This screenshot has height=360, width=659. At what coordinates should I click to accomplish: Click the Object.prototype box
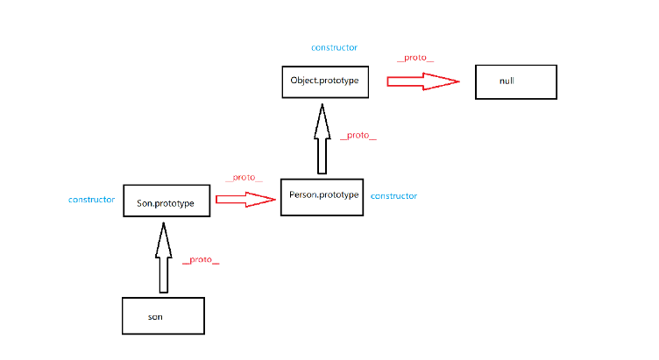coord(324,81)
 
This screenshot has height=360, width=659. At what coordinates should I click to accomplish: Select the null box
coord(515,81)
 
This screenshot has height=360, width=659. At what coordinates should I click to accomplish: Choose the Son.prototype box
coord(166,202)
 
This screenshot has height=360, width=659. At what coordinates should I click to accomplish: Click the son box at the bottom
coord(162,315)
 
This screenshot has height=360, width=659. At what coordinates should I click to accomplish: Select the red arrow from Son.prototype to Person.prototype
coord(244,200)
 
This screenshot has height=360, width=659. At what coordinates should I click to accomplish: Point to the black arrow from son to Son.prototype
coord(162,258)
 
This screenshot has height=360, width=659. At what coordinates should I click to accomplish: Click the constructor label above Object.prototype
coord(334,47)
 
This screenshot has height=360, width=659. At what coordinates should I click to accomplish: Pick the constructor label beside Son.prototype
coord(91,200)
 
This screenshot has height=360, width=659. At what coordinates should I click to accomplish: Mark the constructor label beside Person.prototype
coord(393,196)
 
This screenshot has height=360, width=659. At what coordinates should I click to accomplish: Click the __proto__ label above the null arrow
coord(415,58)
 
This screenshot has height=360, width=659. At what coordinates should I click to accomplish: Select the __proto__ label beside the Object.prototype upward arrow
coord(358,136)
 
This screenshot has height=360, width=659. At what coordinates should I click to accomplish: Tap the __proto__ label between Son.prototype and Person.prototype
coord(244,178)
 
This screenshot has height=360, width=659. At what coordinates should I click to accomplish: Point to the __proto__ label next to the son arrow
coord(200,260)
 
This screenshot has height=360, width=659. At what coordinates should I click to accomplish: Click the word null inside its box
coord(507,81)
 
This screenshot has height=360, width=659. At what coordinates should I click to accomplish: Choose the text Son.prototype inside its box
coord(166,202)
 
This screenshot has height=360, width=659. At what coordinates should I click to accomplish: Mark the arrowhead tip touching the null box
coord(457,81)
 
